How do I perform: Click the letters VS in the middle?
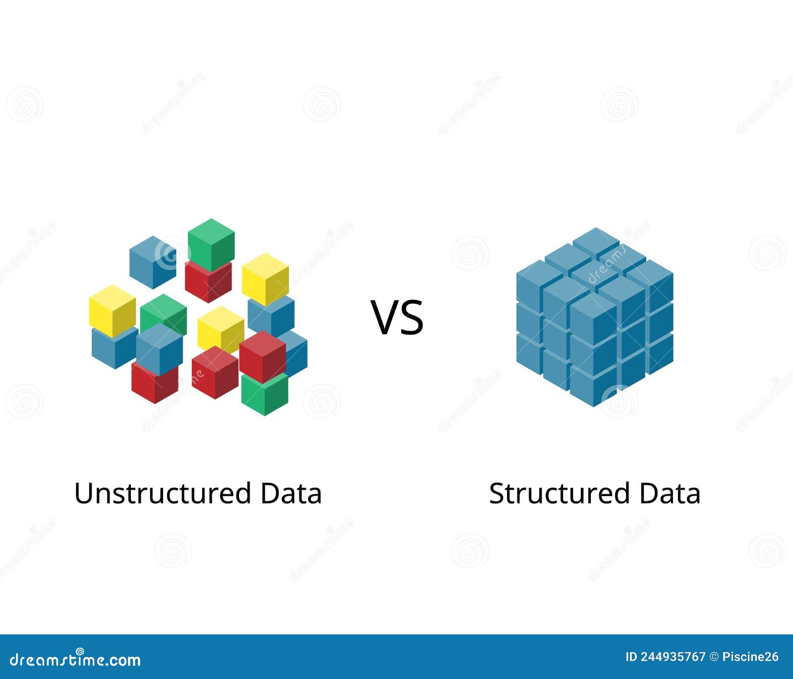tap(397, 317)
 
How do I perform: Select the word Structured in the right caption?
tap(560, 494)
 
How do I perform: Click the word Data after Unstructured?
tap(291, 494)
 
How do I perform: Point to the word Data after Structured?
tap(670, 494)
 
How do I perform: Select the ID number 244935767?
tap(672, 657)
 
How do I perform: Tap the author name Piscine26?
tap(750, 657)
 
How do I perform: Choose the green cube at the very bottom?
tap(265, 395)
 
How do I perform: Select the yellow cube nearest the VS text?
tap(265, 279)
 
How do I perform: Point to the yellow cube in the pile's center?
tap(221, 328)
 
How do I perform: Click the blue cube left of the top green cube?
tap(153, 262)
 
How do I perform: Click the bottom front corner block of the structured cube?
tap(593, 388)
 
